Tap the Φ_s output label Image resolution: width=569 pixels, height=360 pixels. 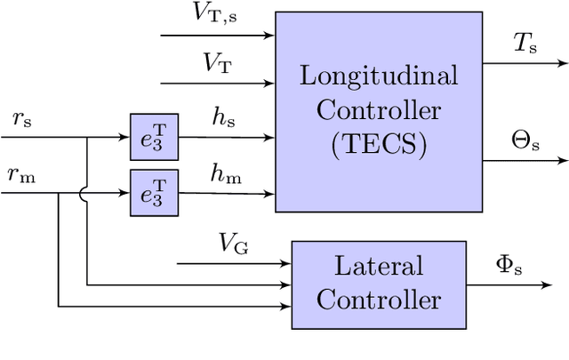pyautogui.click(x=509, y=264)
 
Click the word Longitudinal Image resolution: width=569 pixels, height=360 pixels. pyautogui.click(x=378, y=76)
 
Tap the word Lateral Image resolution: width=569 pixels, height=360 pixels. pyautogui.click(x=379, y=266)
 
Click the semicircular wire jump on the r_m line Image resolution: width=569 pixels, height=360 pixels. pyautogui.click(x=87, y=192)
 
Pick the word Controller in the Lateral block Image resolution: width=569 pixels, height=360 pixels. pyautogui.click(x=379, y=299)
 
